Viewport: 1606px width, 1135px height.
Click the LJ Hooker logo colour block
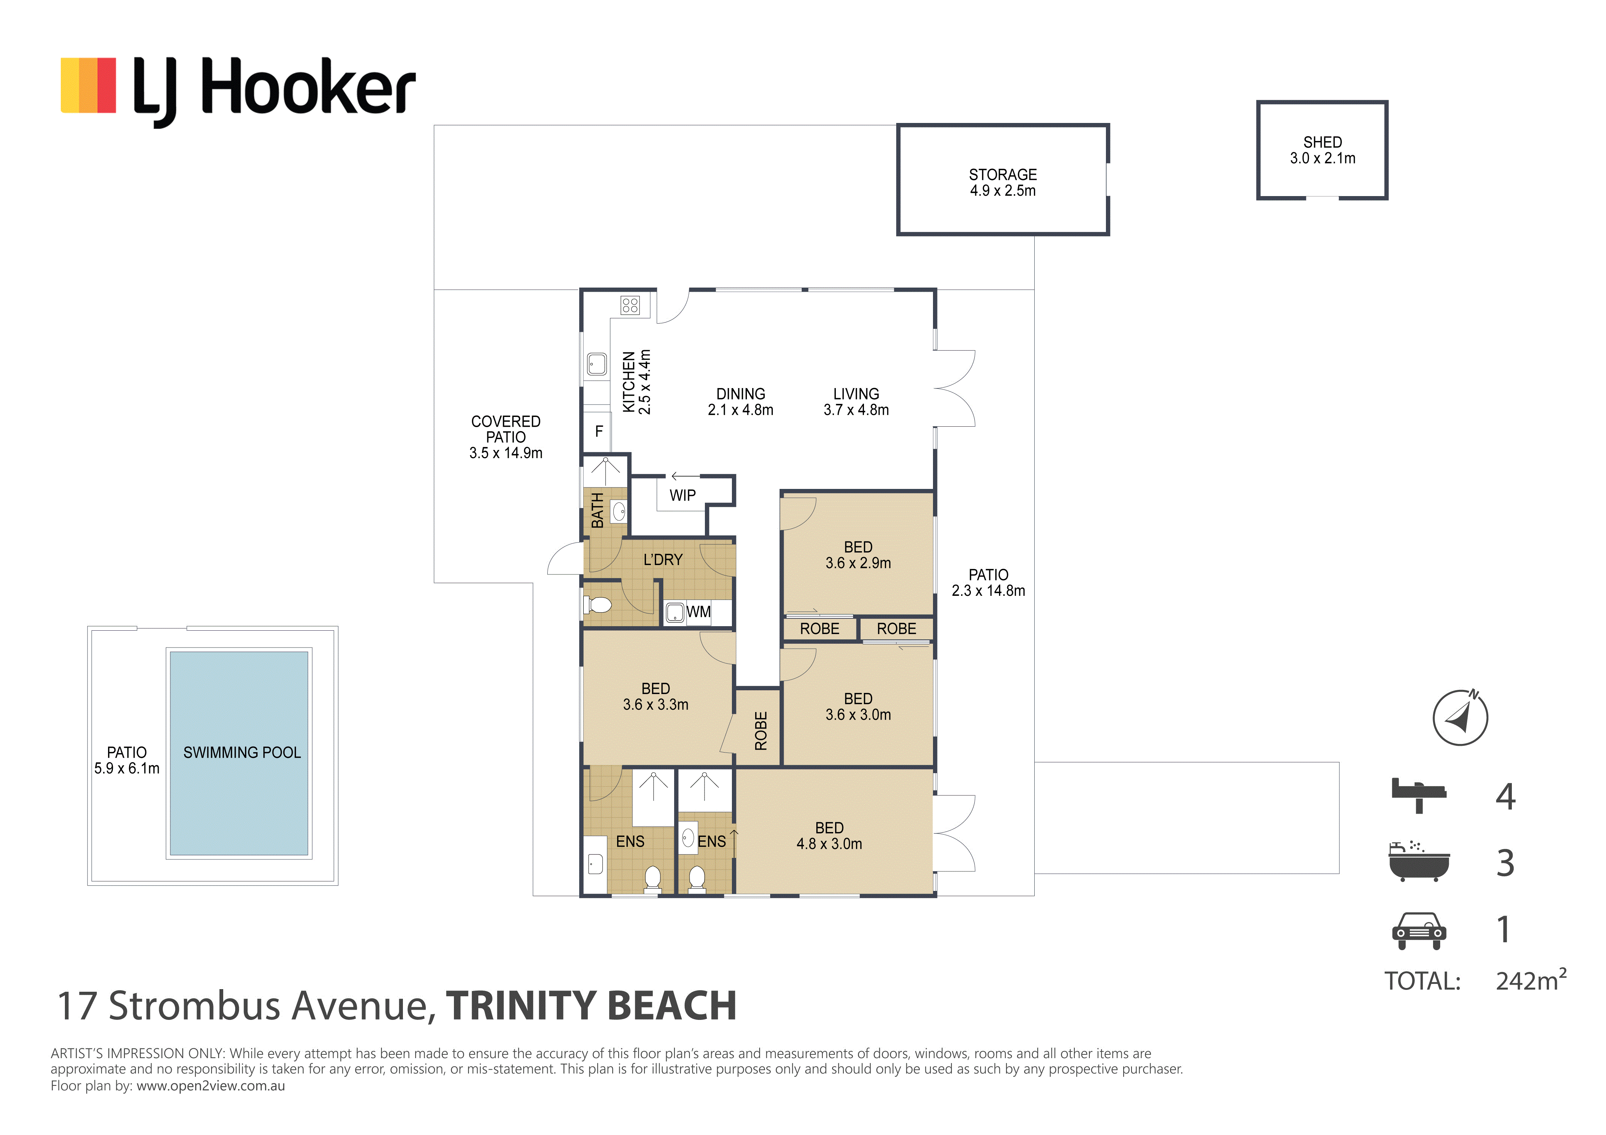pos(88,85)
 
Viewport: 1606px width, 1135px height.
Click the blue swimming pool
pos(239,753)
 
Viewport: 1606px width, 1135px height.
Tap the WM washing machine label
pos(698,612)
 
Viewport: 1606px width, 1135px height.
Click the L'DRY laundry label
pos(663,559)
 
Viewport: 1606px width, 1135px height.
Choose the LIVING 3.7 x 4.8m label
pos(856,402)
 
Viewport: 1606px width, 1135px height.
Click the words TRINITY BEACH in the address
pos(591,1006)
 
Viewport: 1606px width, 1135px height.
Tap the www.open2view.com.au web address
pos(210,1086)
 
